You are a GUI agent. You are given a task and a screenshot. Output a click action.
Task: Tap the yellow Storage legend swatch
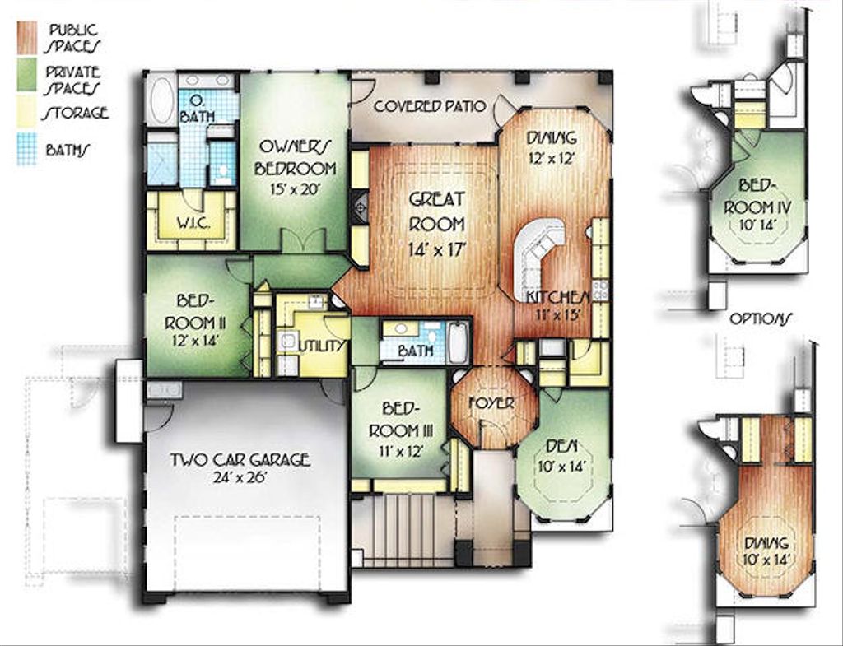pos(26,113)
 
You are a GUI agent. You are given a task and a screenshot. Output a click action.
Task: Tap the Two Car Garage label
pos(240,466)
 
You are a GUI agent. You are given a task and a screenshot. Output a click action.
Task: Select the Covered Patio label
pos(429,106)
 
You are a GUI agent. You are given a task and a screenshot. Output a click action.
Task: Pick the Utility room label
pos(322,346)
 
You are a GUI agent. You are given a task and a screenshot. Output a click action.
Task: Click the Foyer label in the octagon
pos(491,403)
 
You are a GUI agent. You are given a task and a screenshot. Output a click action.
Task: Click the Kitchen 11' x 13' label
pos(559,304)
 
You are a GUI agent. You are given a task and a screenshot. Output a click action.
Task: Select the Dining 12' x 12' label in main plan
pos(552,146)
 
